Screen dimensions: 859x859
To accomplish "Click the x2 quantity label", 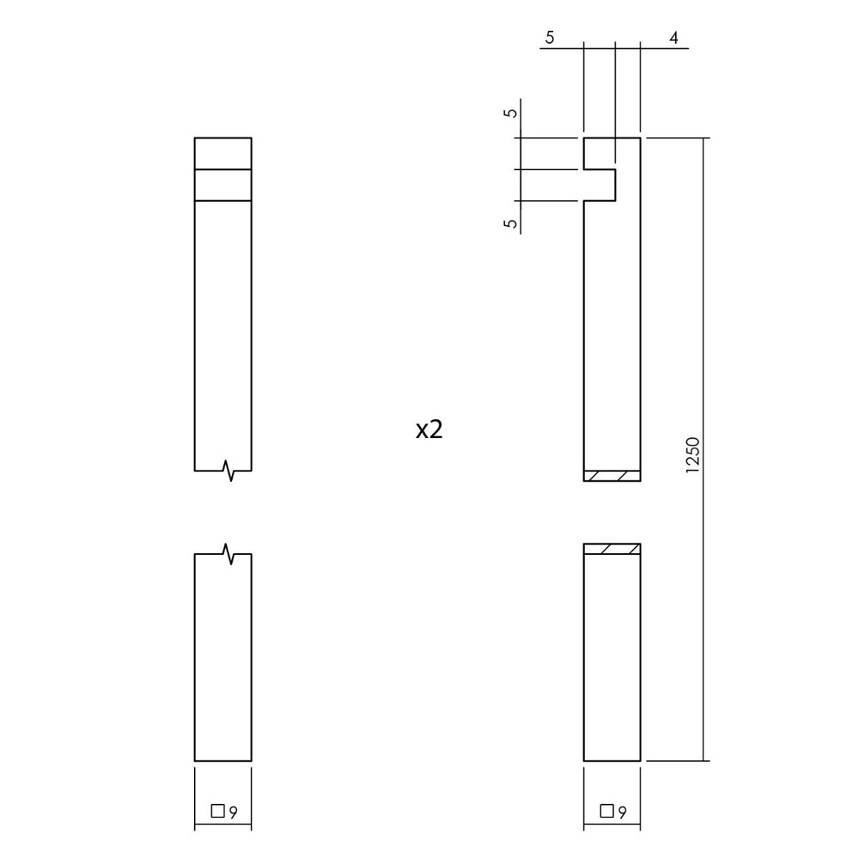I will tap(429, 429).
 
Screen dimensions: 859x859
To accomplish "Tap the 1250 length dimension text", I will tap(695, 455).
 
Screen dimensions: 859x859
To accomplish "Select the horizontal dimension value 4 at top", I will tap(674, 38).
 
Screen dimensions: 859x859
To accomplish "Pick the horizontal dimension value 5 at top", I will tap(550, 38).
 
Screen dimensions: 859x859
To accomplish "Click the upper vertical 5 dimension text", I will tap(510, 114).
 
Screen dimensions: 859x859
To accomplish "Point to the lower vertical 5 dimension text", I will tap(510, 223).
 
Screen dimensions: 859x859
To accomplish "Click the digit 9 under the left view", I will tap(233, 810).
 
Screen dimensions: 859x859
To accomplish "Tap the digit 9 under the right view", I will tap(621, 810).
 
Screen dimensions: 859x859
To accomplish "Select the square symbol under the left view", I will tap(218, 809).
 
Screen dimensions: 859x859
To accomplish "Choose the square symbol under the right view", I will tap(606, 809).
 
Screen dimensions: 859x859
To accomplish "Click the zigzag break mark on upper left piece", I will tap(228, 470).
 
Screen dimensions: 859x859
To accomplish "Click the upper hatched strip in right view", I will tap(612, 476).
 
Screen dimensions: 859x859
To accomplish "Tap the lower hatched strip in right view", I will tap(612, 550).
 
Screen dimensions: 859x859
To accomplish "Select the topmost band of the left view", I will tap(223, 153).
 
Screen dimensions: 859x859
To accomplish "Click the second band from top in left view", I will tap(223, 185).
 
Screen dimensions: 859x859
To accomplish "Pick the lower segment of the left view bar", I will tap(223, 657).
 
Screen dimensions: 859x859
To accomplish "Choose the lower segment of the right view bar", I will tap(612, 657).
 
